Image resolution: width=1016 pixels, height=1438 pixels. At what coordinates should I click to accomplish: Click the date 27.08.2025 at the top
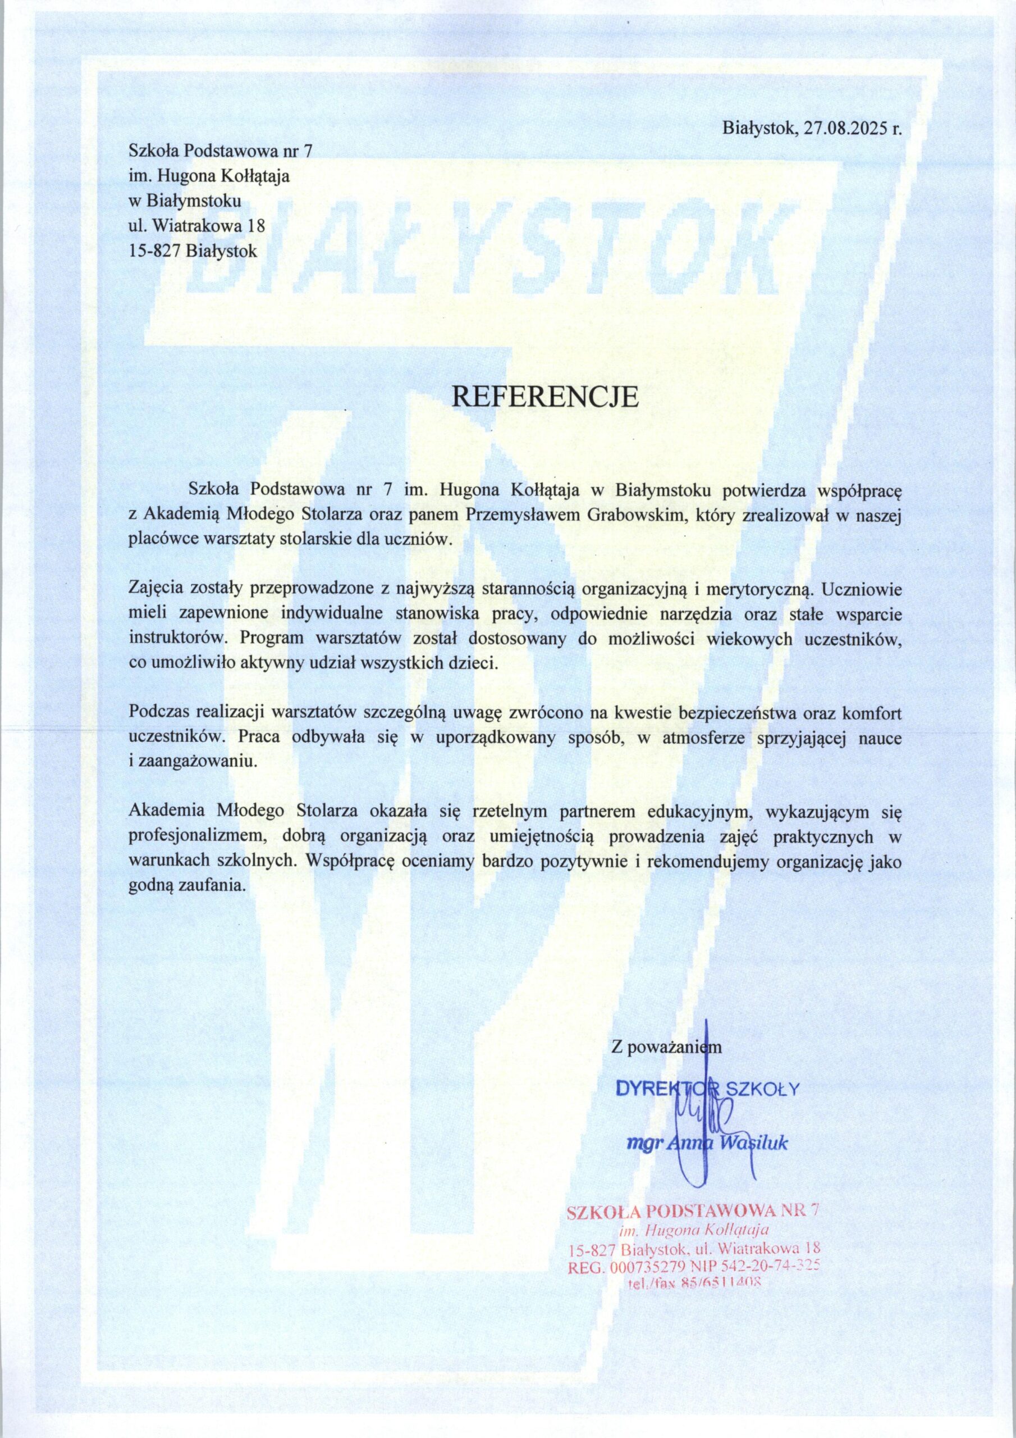[843, 130]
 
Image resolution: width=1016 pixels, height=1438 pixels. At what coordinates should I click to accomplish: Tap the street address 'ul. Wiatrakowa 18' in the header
[197, 225]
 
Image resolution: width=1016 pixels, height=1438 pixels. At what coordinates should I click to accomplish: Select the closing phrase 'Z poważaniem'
[666, 1046]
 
